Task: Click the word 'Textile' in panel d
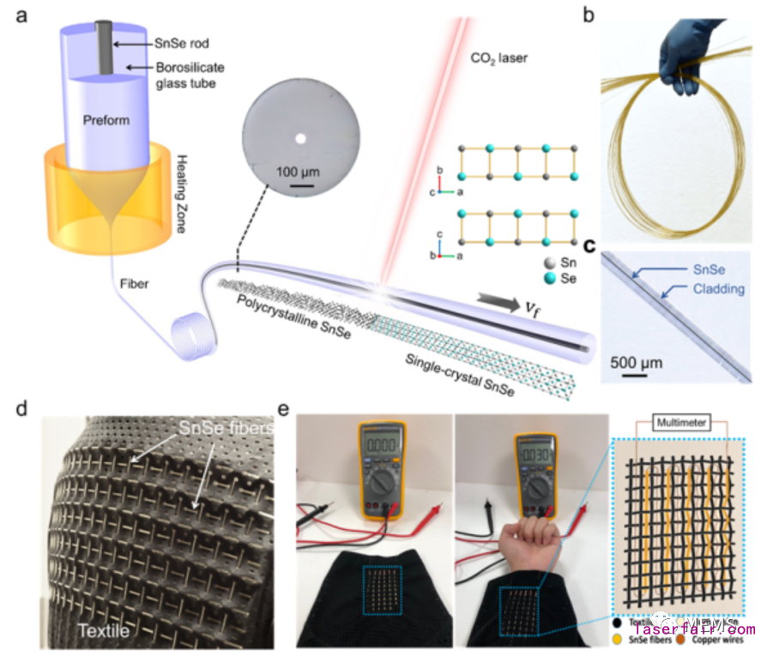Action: (x=104, y=632)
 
